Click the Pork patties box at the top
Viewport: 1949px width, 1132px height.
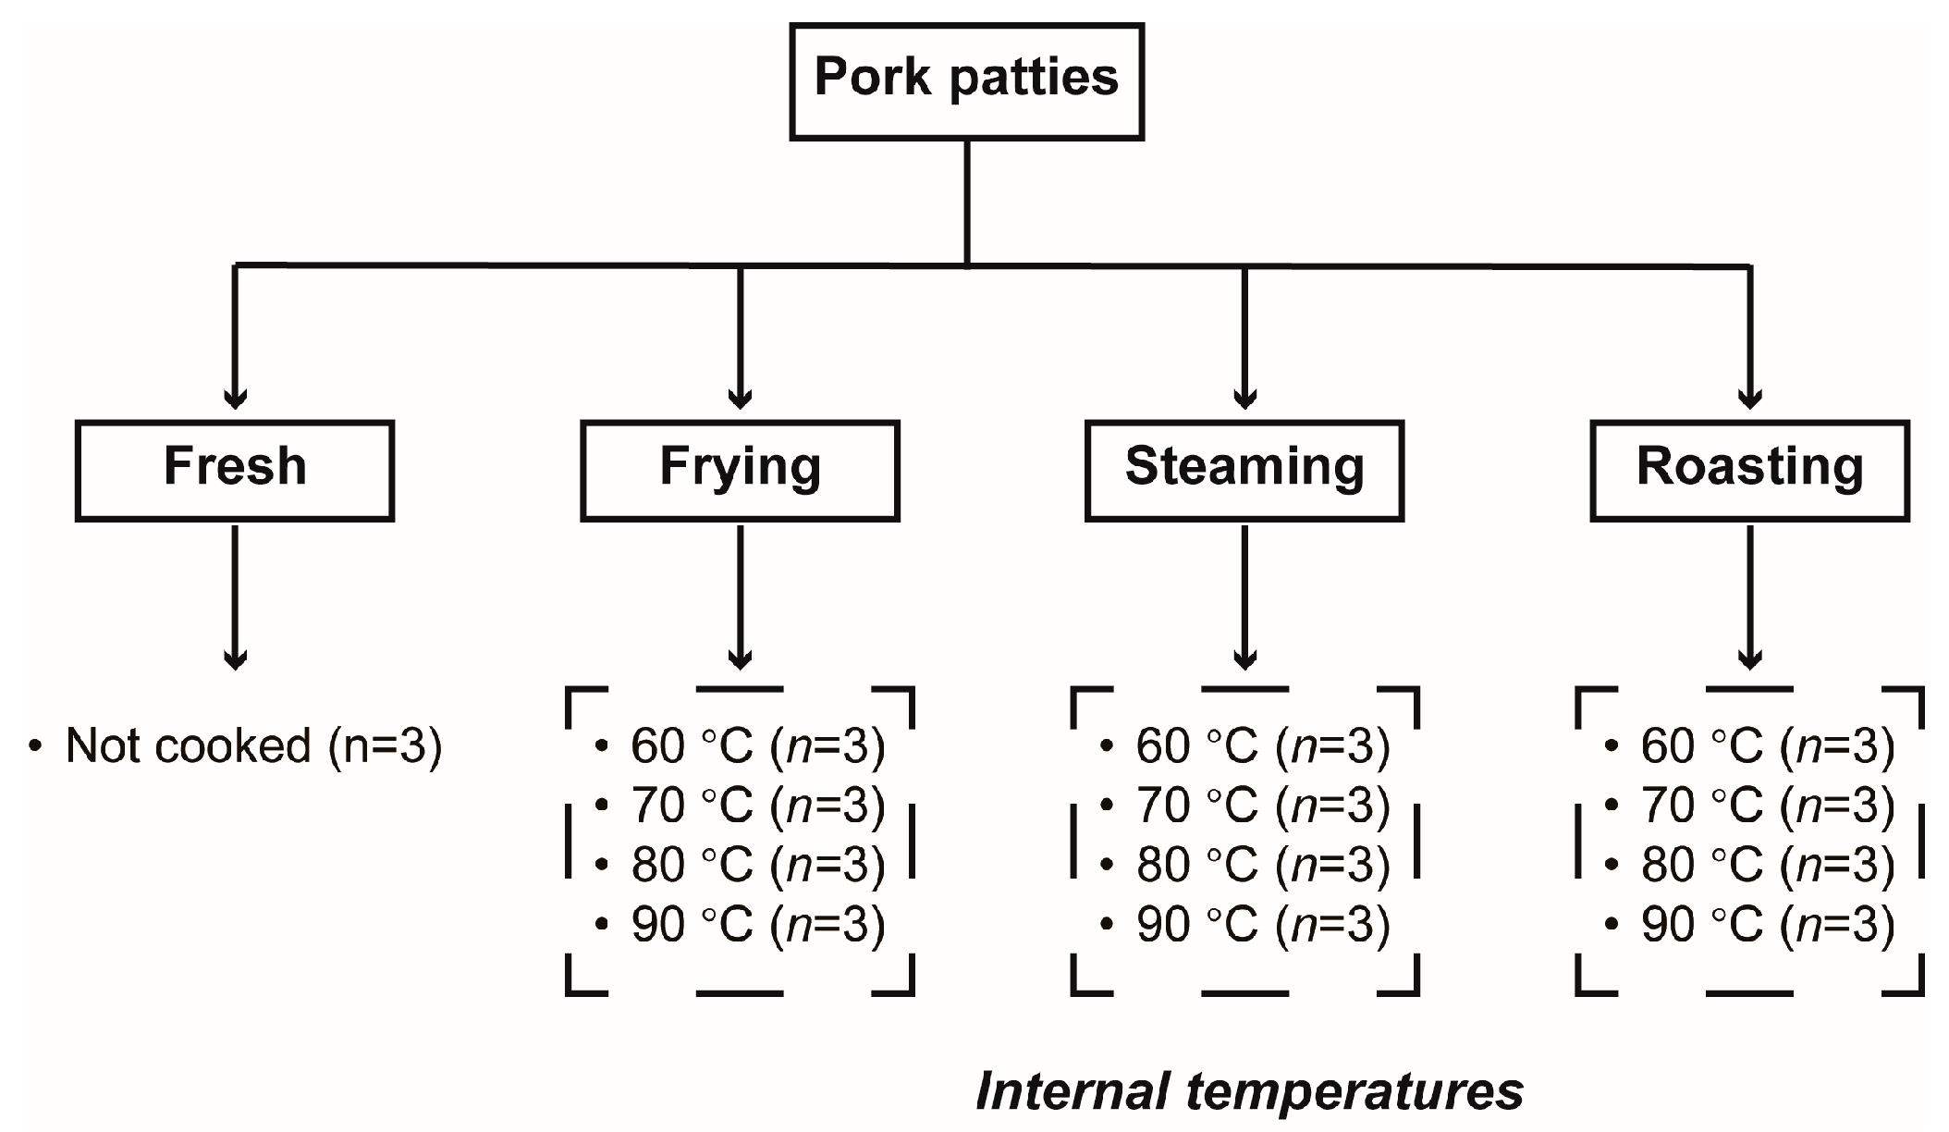(966, 80)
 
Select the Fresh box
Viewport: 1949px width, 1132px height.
(235, 470)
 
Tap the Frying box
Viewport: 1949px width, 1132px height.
(740, 470)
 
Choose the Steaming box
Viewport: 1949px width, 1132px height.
(1244, 470)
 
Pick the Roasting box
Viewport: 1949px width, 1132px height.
(1749, 470)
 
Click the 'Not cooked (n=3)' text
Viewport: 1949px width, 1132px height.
(253, 745)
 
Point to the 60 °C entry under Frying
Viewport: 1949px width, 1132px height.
(757, 746)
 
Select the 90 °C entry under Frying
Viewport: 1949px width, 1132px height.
(757, 924)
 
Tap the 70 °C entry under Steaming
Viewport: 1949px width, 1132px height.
(1262, 806)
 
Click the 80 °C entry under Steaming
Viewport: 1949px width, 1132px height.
(1262, 865)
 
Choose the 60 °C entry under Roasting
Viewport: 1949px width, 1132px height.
(1767, 746)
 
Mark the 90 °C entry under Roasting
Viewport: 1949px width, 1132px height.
(1767, 924)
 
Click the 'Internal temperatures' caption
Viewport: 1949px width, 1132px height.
(1249, 1091)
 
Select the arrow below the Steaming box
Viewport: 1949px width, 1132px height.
(1244, 597)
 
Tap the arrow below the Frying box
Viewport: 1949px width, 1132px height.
(740, 597)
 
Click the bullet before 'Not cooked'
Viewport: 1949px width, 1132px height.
(35, 746)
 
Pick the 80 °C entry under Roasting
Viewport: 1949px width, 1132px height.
(1767, 865)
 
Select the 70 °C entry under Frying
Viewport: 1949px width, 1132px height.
(757, 806)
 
